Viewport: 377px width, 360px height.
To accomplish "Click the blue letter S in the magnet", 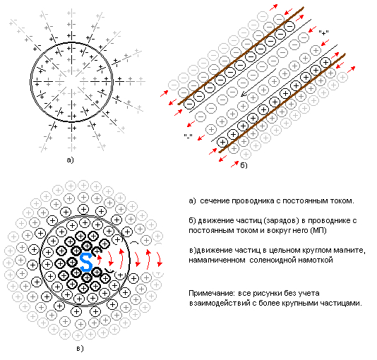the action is tap(86, 262).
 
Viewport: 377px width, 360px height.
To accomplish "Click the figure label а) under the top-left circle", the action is tap(70, 160).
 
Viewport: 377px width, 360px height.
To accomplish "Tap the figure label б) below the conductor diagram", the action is tap(244, 165).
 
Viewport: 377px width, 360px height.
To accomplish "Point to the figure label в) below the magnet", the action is tap(80, 349).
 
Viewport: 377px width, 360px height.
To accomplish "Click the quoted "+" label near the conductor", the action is tap(323, 33).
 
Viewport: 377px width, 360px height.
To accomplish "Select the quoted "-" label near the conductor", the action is tap(188, 136).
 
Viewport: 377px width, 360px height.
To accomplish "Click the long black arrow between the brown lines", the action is tap(258, 83).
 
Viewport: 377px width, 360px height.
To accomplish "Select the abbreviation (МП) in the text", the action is tap(318, 231).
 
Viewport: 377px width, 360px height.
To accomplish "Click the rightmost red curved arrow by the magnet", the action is tap(159, 259).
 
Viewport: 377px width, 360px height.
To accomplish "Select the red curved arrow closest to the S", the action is tap(99, 260).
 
